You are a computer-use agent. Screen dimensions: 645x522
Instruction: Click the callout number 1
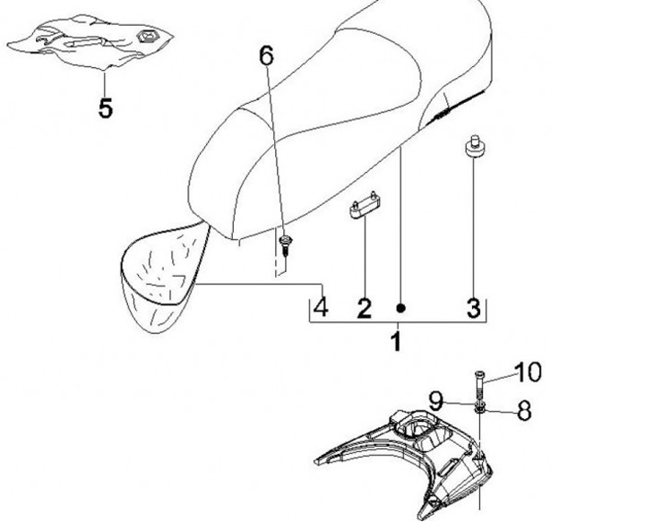pyautogui.click(x=395, y=341)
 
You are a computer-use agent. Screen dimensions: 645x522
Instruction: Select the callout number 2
pyautogui.click(x=364, y=308)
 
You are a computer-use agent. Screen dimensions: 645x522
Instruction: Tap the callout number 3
pyautogui.click(x=473, y=308)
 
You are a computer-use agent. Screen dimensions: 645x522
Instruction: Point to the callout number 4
pyautogui.click(x=320, y=307)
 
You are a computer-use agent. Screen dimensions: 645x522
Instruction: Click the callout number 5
pyautogui.click(x=106, y=108)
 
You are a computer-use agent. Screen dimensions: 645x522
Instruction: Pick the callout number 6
pyautogui.click(x=266, y=56)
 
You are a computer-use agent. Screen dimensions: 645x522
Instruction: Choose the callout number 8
pyautogui.click(x=524, y=411)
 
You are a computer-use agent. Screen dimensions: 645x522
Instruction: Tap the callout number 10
pyautogui.click(x=529, y=371)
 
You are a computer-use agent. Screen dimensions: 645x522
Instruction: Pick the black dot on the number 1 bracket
pyautogui.click(x=400, y=308)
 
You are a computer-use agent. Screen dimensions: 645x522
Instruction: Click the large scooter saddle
pyautogui.click(x=340, y=116)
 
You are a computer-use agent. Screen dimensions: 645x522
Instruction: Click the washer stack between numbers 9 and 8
pyautogui.click(x=481, y=408)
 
